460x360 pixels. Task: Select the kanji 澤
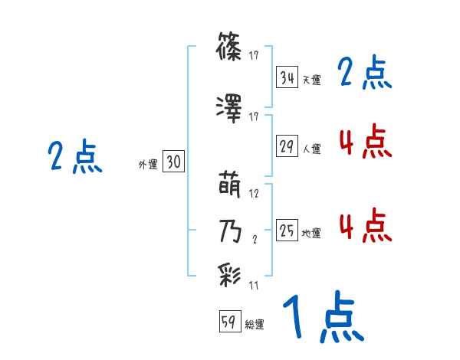click(231, 110)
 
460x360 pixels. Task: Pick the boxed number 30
click(173, 162)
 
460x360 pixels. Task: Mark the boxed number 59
click(229, 322)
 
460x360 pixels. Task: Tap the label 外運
click(147, 165)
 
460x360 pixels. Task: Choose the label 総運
click(255, 325)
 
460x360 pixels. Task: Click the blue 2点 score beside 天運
click(364, 74)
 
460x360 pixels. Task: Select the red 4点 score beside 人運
click(364, 142)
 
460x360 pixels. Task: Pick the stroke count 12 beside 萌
click(255, 194)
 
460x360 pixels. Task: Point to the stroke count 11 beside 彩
click(254, 285)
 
